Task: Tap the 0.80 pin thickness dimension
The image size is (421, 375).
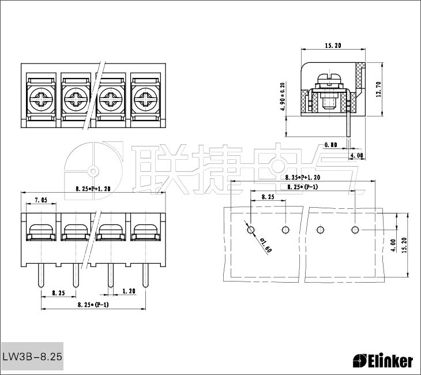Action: click(x=331, y=144)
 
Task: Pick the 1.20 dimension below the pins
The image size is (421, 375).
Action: click(x=129, y=292)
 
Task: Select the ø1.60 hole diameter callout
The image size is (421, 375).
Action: click(x=266, y=246)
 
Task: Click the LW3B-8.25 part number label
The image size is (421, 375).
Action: click(x=32, y=357)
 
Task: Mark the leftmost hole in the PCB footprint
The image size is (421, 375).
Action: click(x=250, y=230)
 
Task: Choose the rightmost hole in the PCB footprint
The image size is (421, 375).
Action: click(x=355, y=230)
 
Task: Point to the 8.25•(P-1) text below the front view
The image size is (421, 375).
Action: click(x=92, y=304)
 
